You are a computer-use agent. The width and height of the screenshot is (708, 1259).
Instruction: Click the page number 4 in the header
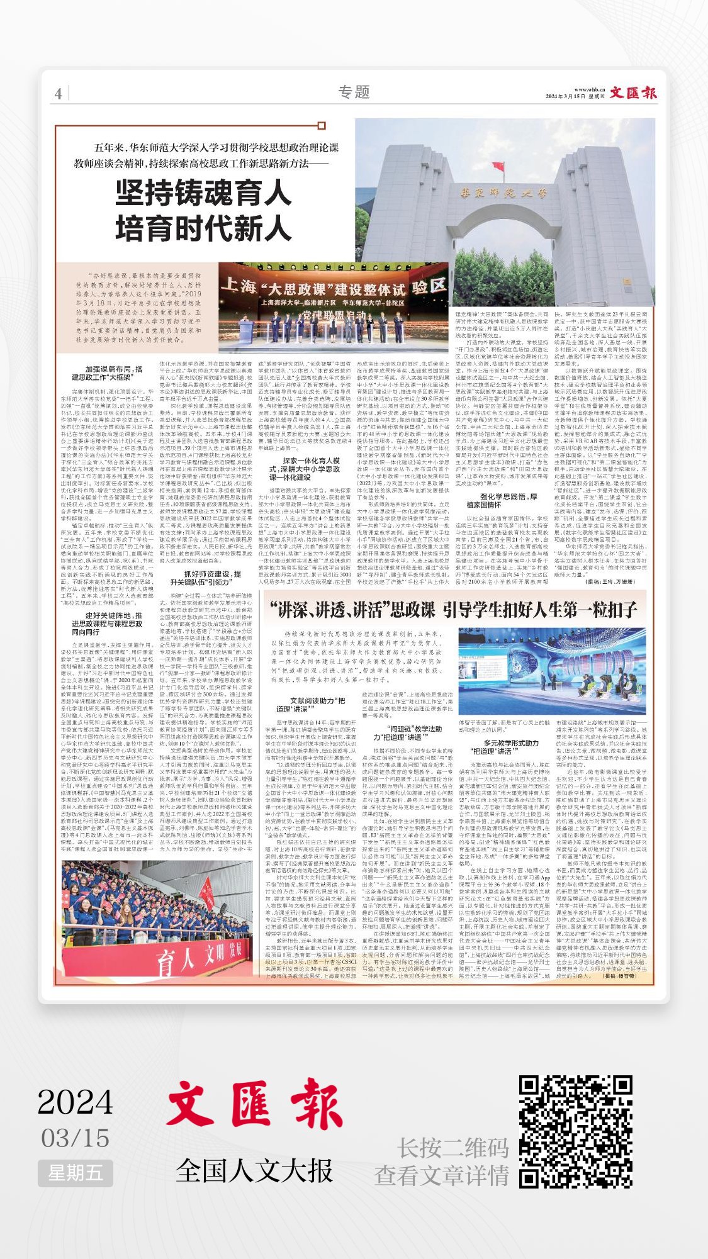click(x=58, y=94)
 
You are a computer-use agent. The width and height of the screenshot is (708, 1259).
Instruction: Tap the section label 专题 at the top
click(x=354, y=92)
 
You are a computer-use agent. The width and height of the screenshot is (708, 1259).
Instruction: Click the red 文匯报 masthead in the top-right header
click(x=632, y=93)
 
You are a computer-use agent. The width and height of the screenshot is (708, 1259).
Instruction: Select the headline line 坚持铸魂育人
click(x=203, y=193)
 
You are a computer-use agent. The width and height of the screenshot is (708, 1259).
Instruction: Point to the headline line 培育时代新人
click(x=203, y=228)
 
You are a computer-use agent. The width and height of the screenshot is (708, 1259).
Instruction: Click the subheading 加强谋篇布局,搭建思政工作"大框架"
click(x=114, y=373)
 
